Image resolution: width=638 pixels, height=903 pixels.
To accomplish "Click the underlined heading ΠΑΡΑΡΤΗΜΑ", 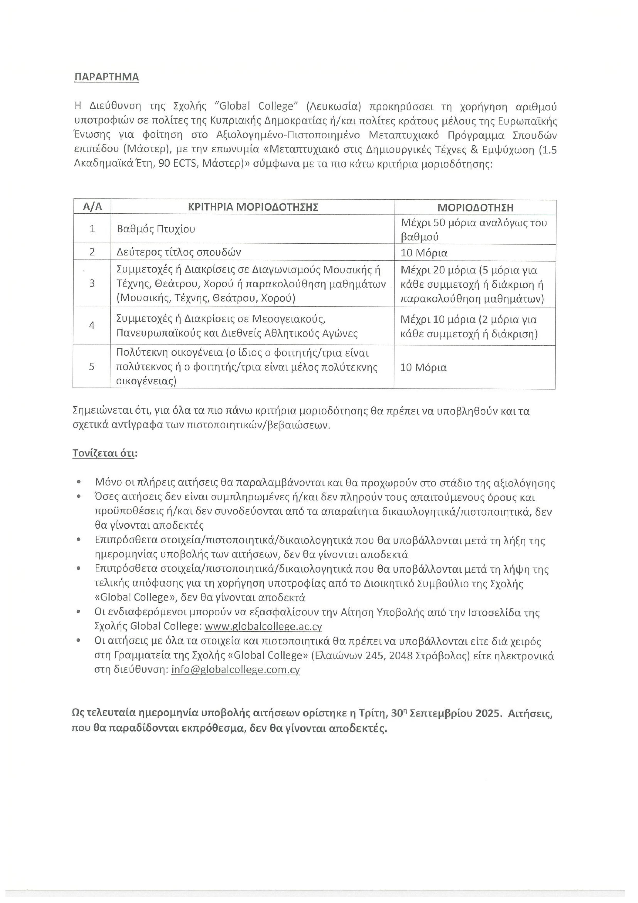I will tap(106, 77).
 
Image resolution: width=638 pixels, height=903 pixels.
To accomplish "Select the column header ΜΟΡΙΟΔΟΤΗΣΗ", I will tap(475, 207).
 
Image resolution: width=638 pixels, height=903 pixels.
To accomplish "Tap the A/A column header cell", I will tap(92, 207).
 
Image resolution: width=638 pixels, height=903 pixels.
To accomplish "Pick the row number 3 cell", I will tap(92, 283).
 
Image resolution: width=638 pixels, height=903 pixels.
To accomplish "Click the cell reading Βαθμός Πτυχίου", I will tap(156, 229).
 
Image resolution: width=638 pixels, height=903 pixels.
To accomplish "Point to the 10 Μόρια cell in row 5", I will tap(423, 367).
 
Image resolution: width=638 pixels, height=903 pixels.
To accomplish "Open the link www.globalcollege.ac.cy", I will tap(263, 626).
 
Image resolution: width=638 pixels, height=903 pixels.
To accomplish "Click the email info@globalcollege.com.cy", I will tap(236, 669).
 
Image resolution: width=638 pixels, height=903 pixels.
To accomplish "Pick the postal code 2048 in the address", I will tap(401, 655).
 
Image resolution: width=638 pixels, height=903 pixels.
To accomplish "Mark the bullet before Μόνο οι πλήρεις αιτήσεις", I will tap(79, 482).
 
